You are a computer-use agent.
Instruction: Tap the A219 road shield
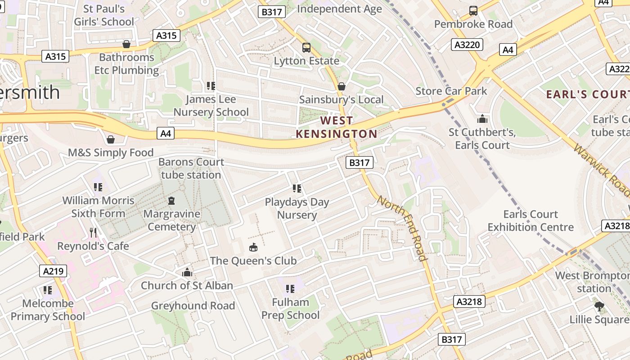(54, 271)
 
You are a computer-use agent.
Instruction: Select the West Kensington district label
(337, 127)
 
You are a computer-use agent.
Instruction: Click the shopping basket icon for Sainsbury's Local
(342, 86)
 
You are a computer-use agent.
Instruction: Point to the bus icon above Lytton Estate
(306, 47)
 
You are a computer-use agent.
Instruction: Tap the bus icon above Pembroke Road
(473, 11)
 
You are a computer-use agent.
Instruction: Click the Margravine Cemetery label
(171, 220)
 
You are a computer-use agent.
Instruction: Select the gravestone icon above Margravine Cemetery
(171, 200)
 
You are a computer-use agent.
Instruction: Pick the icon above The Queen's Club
(253, 247)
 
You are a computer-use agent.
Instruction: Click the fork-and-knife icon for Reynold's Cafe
(93, 232)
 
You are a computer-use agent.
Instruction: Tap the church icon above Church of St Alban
(187, 272)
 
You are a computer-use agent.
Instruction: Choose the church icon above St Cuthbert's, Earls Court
(482, 119)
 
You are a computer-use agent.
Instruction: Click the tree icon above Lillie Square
(599, 306)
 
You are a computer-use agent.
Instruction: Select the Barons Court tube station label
(191, 168)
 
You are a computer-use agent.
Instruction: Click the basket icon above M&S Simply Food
(111, 139)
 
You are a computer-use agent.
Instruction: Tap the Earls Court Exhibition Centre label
(531, 220)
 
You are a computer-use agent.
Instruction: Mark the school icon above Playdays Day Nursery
(297, 188)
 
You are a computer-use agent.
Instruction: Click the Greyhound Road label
(193, 306)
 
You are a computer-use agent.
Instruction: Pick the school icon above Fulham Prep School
(290, 288)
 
